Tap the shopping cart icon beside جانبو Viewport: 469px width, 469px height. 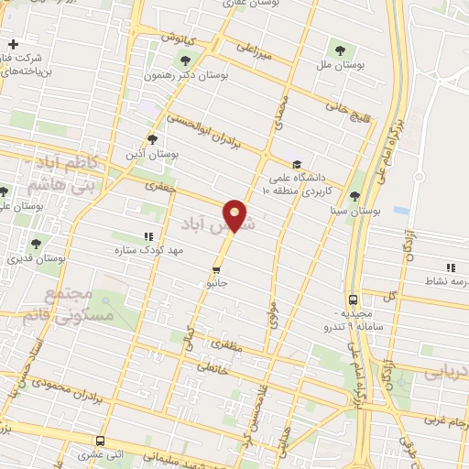coord(216,270)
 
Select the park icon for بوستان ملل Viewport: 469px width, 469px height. coord(341,49)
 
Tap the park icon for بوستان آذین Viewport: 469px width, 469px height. coord(152,140)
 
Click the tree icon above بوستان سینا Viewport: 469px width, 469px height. coord(354,195)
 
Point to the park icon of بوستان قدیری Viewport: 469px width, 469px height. coord(36,244)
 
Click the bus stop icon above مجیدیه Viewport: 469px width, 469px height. coord(353,300)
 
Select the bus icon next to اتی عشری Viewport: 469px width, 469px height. coord(100,440)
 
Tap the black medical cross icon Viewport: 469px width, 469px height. coord(13,45)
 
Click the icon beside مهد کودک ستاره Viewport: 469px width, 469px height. coord(148,236)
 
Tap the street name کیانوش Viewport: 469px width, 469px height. coord(180,38)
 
